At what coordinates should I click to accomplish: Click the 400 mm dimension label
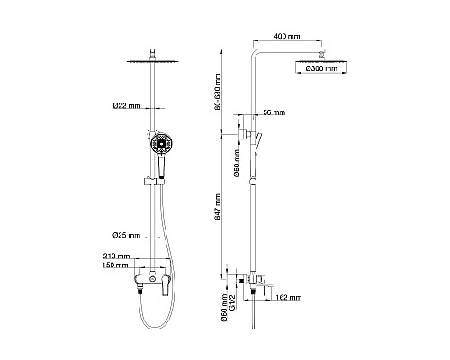287,37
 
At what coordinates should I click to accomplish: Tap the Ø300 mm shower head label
321,68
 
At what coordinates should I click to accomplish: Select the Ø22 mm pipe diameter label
127,106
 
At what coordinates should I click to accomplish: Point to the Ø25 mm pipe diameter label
126,236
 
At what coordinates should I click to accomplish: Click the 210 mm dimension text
116,256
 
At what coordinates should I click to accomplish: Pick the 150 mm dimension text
115,265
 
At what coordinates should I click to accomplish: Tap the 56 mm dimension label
274,112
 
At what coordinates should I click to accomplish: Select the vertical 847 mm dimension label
217,207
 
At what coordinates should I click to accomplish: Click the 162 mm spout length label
288,298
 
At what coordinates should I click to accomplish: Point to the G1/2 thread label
231,302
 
